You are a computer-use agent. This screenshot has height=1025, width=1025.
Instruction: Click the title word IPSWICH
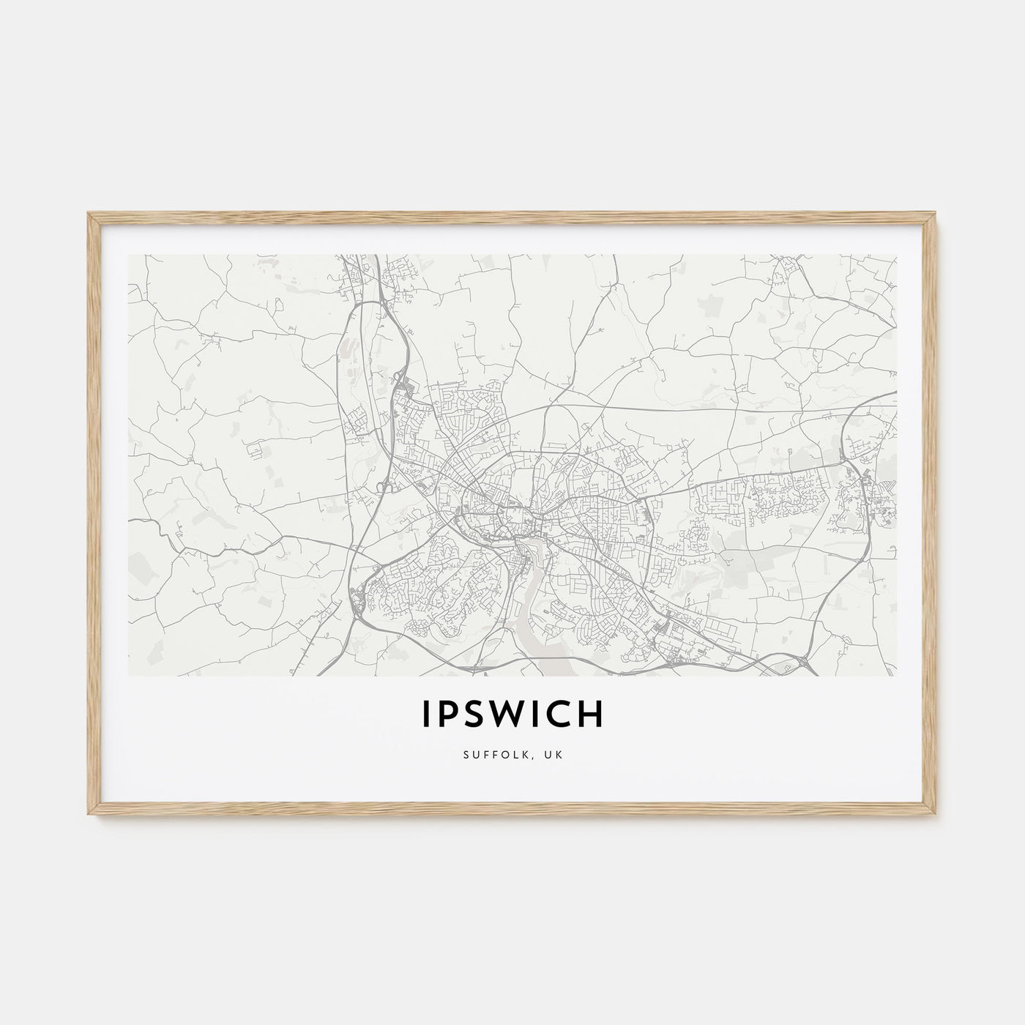tap(512, 715)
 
